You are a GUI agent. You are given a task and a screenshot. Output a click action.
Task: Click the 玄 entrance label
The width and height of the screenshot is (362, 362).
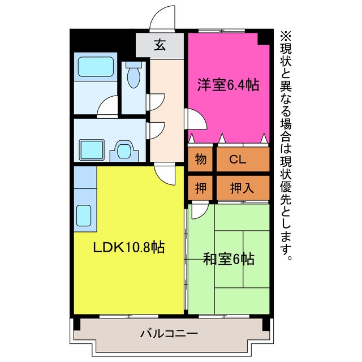click(x=160, y=45)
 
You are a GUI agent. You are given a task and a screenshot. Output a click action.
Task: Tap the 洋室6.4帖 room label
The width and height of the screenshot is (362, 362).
click(x=228, y=85)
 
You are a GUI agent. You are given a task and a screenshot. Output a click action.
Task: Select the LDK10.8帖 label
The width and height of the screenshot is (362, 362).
click(x=128, y=247)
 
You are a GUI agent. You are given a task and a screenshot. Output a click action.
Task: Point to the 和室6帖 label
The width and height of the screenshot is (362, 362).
click(x=229, y=259)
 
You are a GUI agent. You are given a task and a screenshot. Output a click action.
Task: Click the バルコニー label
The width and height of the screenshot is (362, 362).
click(x=169, y=334)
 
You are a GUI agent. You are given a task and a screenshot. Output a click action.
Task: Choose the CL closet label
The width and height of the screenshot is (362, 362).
click(x=238, y=160)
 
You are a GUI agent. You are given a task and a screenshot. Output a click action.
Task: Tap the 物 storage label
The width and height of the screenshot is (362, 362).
click(x=200, y=159)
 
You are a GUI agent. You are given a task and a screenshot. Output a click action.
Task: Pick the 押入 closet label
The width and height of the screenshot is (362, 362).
click(x=242, y=188)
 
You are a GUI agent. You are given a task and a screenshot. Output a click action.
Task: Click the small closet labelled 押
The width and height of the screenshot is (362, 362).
click(x=200, y=188)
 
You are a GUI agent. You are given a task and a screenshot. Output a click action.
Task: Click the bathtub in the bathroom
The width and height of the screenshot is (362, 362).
click(x=96, y=67)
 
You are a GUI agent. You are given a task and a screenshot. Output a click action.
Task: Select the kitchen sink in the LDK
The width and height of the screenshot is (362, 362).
click(x=84, y=216)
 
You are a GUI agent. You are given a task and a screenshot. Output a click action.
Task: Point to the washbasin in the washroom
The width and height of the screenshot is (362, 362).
click(x=124, y=150)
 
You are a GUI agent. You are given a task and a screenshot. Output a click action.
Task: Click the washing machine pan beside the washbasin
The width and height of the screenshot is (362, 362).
click(x=92, y=150)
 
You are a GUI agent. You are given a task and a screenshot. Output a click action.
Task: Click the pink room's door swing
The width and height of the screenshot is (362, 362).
click(x=196, y=119)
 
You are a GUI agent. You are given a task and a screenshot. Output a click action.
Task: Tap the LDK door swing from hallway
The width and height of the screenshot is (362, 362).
click(x=165, y=174)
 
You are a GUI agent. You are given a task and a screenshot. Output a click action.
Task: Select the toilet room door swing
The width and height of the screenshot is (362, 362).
click(x=156, y=102)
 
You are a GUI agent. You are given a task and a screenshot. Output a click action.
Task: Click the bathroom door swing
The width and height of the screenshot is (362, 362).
click(x=107, y=107)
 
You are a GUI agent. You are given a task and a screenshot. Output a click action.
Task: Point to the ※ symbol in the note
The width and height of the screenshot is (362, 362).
click(x=286, y=36)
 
